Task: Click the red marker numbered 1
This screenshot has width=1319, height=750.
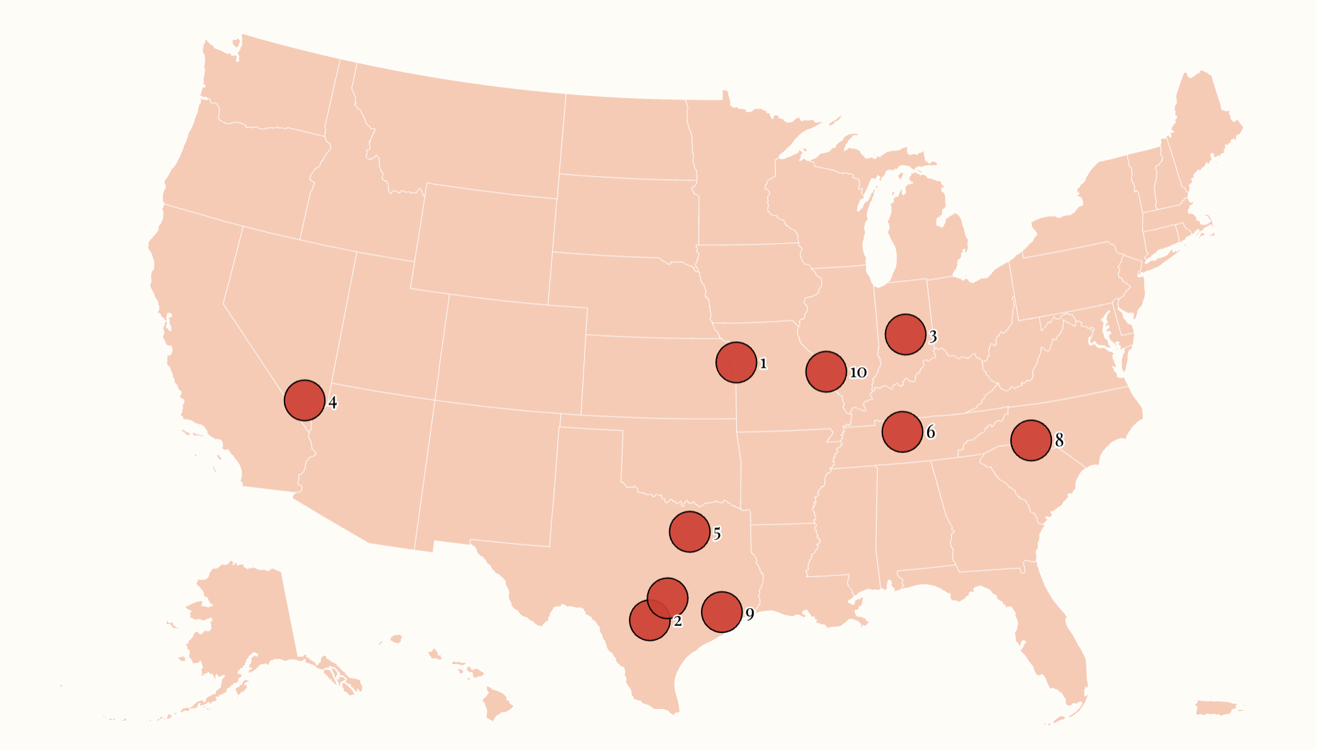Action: click(736, 362)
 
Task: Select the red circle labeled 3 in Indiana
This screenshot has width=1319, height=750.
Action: click(905, 334)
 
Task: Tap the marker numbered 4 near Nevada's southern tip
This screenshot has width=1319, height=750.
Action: click(304, 400)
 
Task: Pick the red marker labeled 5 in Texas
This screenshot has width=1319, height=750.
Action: click(689, 532)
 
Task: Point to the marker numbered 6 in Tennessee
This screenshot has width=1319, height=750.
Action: click(902, 432)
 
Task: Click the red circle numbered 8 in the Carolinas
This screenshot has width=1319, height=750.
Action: click(1031, 440)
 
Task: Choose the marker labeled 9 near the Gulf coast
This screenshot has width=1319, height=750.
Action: click(721, 612)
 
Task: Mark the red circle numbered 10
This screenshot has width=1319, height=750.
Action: click(825, 372)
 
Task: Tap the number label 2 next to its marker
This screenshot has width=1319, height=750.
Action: click(678, 621)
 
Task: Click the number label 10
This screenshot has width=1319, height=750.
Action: click(858, 372)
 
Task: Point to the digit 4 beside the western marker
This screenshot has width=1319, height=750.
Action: click(333, 402)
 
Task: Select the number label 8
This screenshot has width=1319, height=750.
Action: click(1059, 441)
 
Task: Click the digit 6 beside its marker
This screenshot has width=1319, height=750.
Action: click(930, 432)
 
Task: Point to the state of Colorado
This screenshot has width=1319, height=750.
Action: click(513, 354)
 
